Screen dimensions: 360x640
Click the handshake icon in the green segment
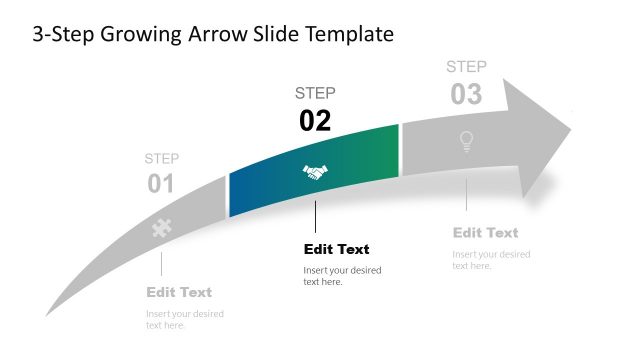[315, 173]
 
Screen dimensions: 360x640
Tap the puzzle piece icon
[161, 228]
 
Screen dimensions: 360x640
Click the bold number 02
[315, 121]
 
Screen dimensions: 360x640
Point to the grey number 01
[161, 184]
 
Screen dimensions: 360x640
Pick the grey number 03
[466, 95]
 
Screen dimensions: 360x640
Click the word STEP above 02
[315, 93]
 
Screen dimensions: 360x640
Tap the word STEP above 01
[161, 158]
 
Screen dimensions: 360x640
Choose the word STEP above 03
[466, 67]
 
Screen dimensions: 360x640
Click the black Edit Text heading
[336, 249]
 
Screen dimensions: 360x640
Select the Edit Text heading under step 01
[179, 292]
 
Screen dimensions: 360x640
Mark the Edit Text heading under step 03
[485, 232]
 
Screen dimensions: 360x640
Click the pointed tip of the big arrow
[569, 128]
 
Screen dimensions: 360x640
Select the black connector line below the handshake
[315, 216]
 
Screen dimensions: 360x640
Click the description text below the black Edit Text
[342, 276]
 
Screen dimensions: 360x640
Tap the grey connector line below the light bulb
[466, 194]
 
